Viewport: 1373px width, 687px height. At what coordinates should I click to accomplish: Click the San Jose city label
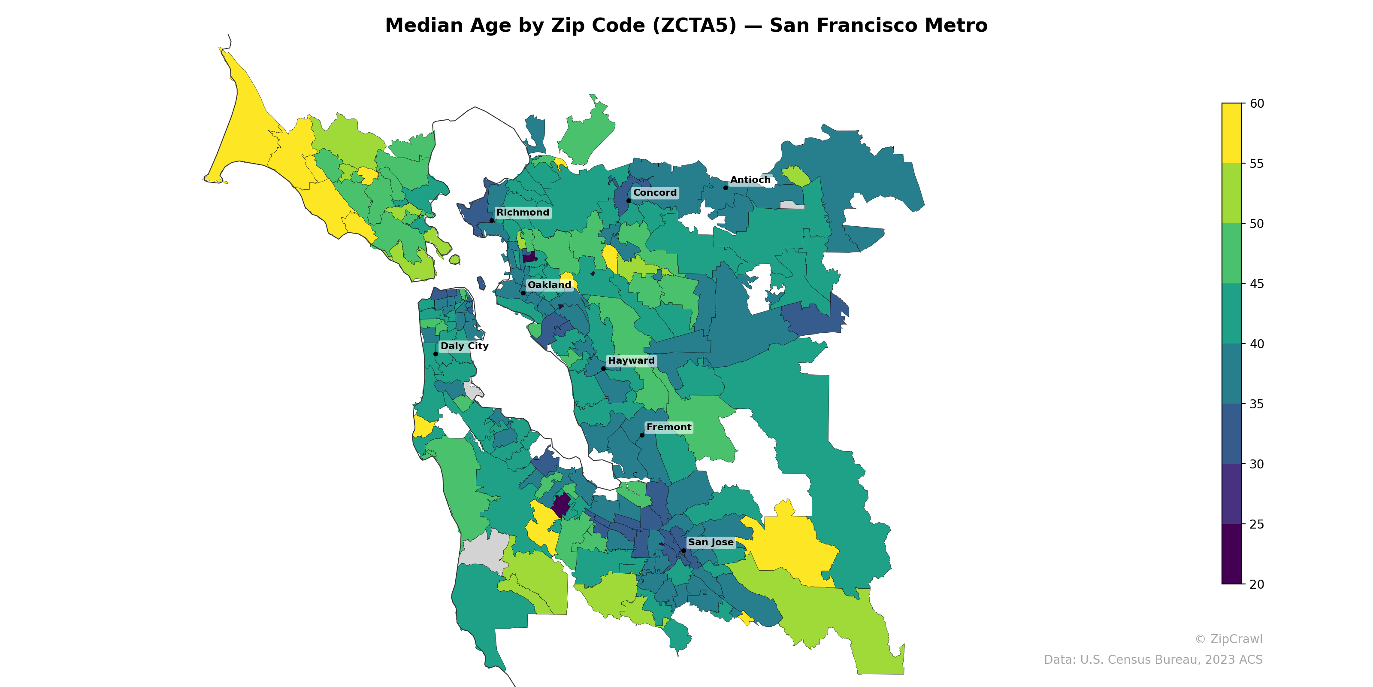coord(711,542)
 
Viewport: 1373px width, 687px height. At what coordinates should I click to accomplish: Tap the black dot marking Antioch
coord(726,188)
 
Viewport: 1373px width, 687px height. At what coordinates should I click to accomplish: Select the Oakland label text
coord(549,285)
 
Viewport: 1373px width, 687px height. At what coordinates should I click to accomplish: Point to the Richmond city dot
coord(491,220)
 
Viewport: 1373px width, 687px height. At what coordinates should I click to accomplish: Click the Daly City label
coord(464,346)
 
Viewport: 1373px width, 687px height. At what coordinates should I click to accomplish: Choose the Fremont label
coord(668,427)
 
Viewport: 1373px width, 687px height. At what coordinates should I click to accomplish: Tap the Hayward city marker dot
coord(603,368)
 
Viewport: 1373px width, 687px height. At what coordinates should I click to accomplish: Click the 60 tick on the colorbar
coord(1256,103)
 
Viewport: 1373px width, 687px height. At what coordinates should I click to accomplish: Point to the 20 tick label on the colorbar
coord(1256,584)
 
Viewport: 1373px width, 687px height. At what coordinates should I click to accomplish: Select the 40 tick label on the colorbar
coord(1256,344)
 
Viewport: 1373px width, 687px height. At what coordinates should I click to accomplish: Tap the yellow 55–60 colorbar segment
coord(1231,134)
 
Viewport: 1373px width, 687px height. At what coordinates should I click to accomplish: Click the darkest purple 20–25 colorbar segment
coord(1231,553)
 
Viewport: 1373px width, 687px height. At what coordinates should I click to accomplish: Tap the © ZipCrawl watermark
coord(1228,639)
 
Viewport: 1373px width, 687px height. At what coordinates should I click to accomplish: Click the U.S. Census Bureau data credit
coord(1152,660)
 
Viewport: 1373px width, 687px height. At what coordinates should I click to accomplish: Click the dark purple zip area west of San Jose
coord(561,505)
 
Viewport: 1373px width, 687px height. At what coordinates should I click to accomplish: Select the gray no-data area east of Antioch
coord(792,205)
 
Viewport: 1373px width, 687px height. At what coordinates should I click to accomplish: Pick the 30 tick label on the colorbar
coord(1256,464)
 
